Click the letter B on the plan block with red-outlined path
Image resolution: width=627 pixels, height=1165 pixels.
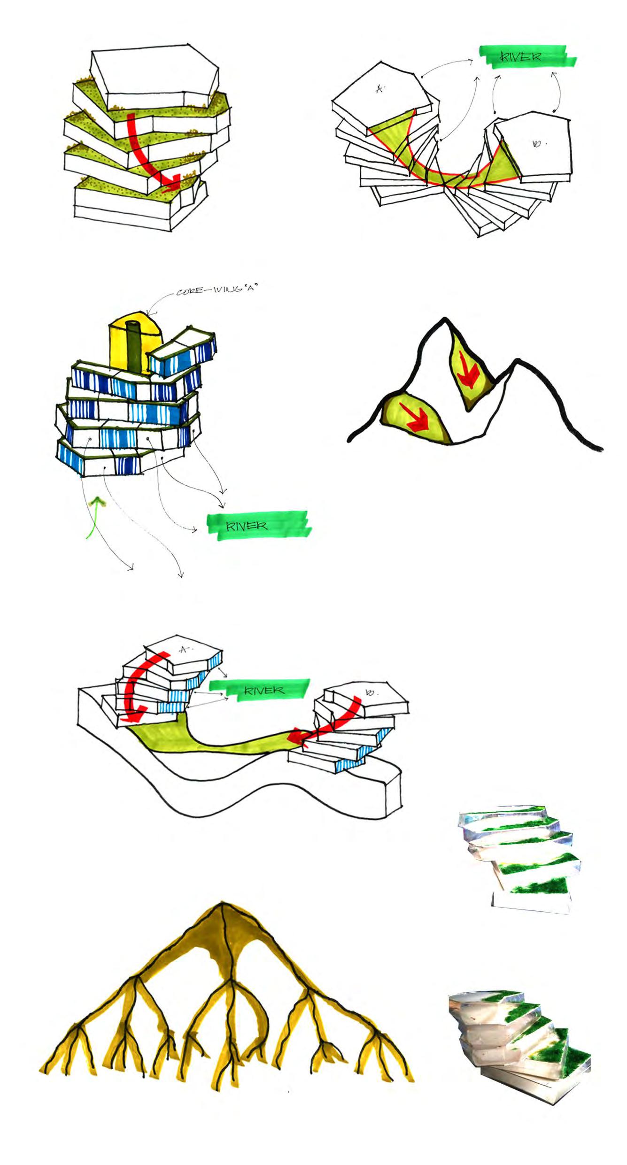536,144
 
